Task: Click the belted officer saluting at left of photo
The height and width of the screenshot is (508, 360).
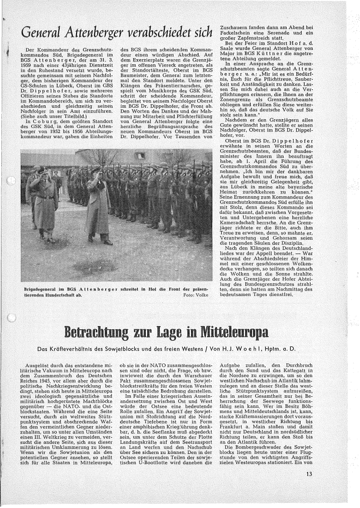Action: point(44,199)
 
